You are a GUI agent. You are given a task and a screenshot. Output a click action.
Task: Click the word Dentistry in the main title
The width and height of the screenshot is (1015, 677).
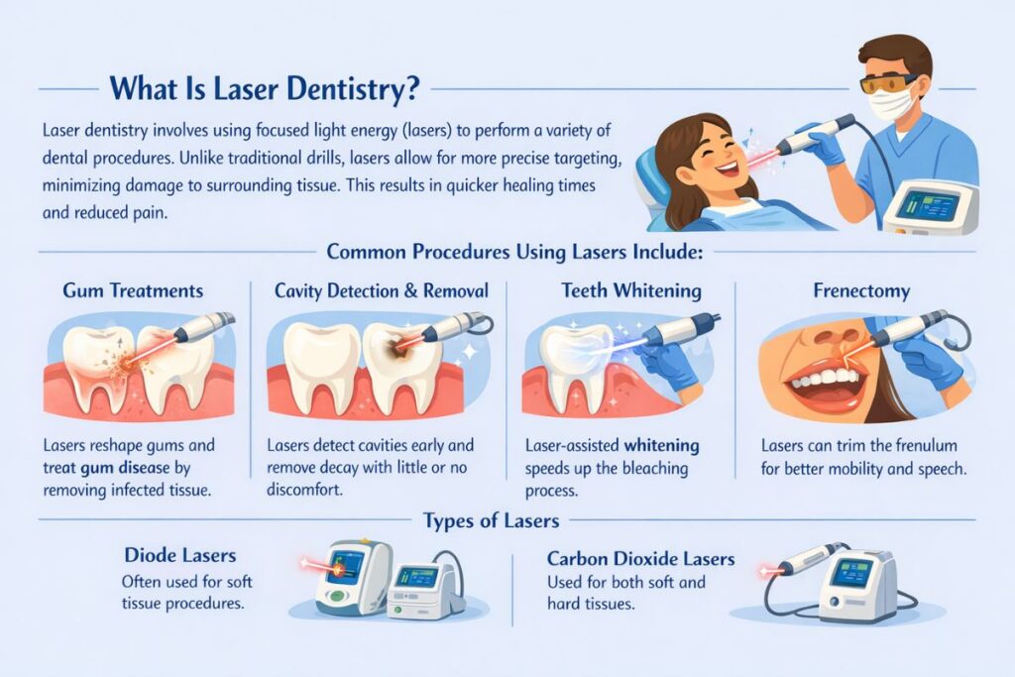pos(348,88)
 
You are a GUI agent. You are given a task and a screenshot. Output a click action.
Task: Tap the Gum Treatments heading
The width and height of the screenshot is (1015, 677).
pos(133,290)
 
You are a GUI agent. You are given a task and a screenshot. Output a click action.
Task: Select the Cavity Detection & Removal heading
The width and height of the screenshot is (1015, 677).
pos(382,290)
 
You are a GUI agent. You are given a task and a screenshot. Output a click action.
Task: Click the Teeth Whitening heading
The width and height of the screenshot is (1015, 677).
pos(631,290)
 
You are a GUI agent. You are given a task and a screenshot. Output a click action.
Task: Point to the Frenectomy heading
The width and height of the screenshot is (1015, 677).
pos(861,291)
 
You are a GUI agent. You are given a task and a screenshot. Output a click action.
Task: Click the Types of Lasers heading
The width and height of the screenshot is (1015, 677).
pos(491,520)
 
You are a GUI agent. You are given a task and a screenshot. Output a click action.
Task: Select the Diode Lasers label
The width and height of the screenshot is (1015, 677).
pos(180,555)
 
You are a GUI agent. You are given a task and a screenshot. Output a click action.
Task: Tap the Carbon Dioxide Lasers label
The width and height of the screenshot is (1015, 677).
pos(641,559)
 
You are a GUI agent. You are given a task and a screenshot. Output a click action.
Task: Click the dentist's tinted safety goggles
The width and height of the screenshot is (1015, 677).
pos(887,83)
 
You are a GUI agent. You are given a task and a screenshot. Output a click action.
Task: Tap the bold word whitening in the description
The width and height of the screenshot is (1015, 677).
pos(661,446)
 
